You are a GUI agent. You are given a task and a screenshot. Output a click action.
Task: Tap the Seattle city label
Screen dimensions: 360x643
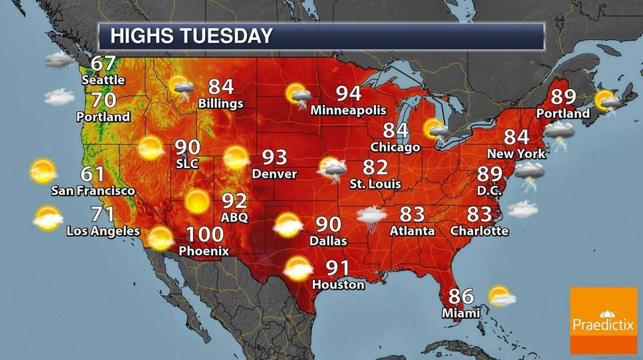103,80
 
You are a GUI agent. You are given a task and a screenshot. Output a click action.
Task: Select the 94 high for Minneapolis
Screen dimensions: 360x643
348,94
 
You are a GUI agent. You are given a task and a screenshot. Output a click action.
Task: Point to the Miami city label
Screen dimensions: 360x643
461,313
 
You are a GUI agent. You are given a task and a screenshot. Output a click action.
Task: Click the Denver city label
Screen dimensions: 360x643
276,174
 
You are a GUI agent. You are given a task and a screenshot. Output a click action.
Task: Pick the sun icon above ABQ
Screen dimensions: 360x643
196,201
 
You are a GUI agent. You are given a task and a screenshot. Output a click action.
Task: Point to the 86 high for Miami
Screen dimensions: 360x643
461,296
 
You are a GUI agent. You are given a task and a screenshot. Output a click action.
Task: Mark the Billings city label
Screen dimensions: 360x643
221,104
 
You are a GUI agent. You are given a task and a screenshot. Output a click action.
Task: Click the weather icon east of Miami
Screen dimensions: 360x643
502,296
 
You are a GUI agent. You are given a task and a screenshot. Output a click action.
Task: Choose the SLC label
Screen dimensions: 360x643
187,162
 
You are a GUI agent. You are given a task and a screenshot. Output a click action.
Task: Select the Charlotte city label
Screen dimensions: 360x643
480,231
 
